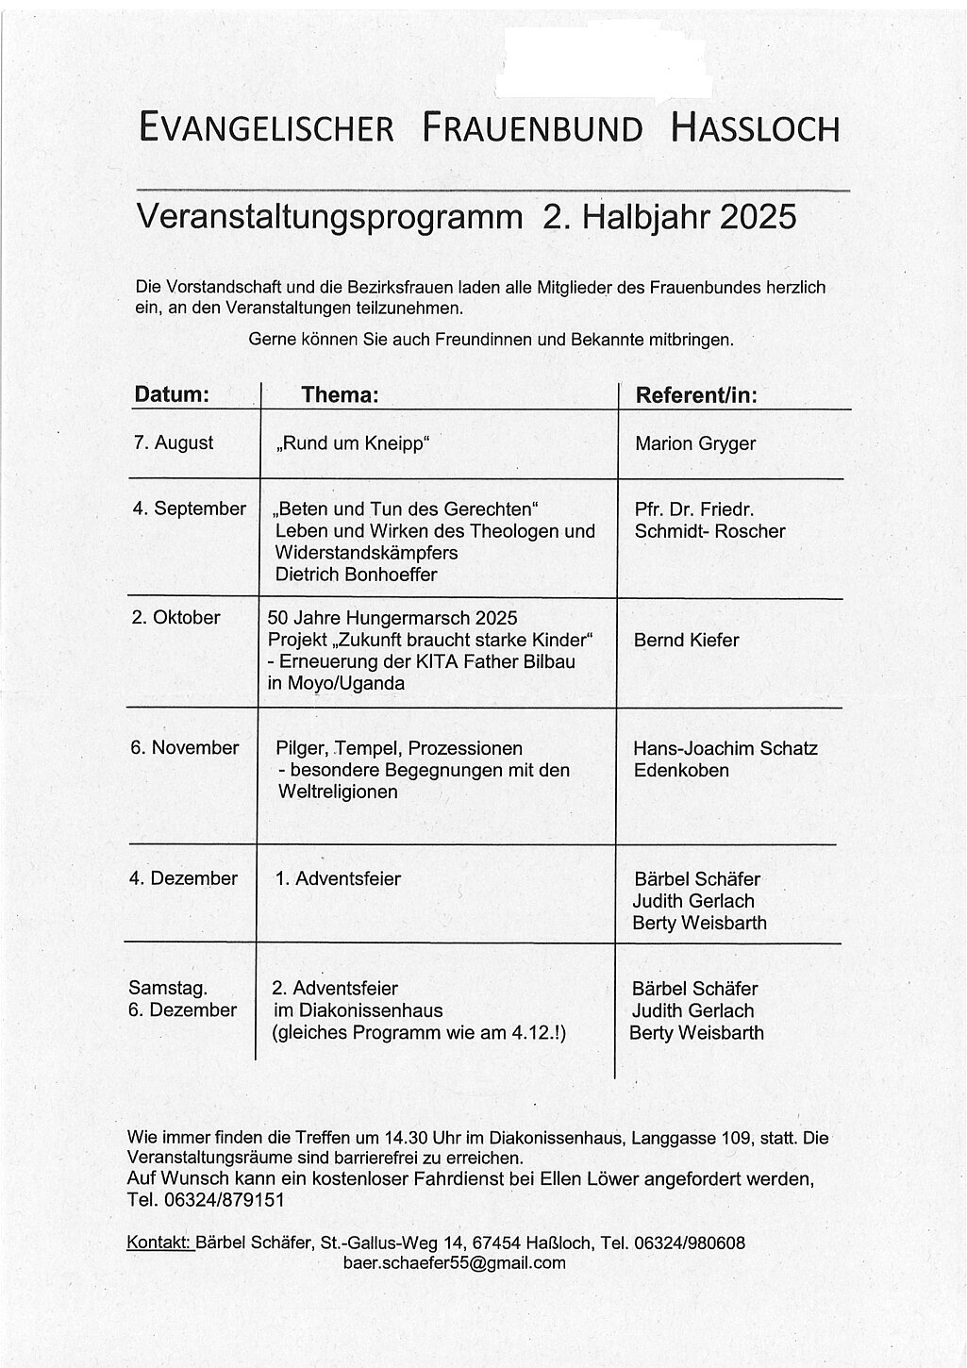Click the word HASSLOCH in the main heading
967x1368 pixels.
pyautogui.click(x=755, y=127)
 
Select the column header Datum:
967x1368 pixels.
pyautogui.click(x=172, y=395)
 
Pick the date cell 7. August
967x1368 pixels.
pyautogui.click(x=174, y=442)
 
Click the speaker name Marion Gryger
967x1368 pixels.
pyautogui.click(x=695, y=443)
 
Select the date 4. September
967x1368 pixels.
pyautogui.click(x=189, y=509)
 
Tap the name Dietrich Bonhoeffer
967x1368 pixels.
pyautogui.click(x=356, y=575)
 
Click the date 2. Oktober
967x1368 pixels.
pyautogui.click(x=175, y=618)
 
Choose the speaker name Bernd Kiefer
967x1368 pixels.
pyautogui.click(x=686, y=640)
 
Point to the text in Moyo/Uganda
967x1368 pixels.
pyautogui.click(x=336, y=683)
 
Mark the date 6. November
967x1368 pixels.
pyautogui.click(x=185, y=748)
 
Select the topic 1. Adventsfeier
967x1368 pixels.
pyautogui.click(x=338, y=879)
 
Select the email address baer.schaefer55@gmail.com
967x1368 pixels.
pyautogui.click(x=455, y=1263)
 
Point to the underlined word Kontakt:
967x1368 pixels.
pyautogui.click(x=159, y=1243)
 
